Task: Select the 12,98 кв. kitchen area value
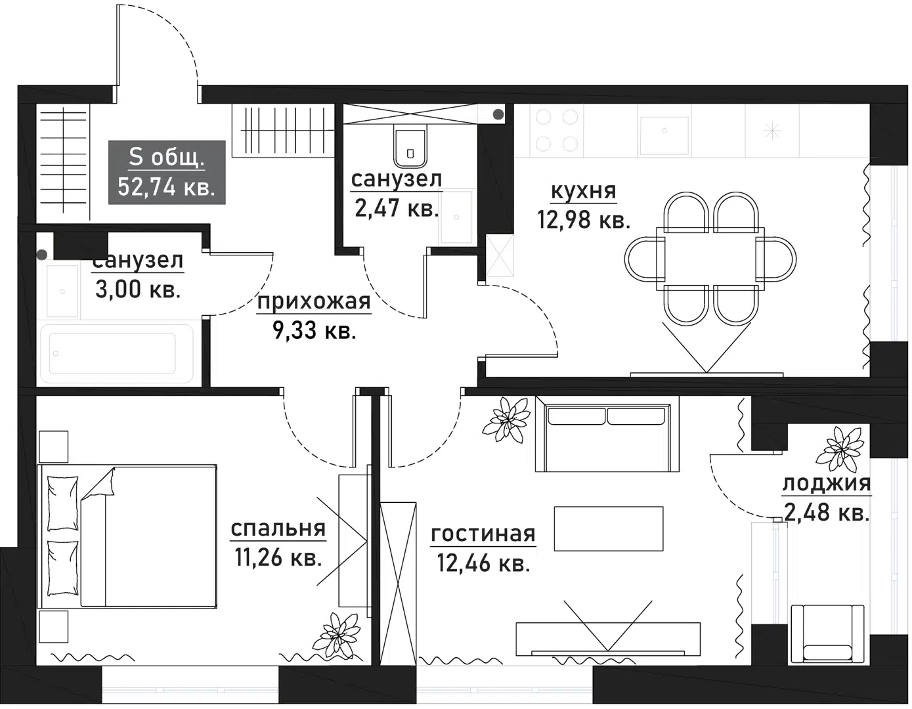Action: click(x=583, y=220)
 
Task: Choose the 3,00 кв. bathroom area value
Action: click(x=138, y=289)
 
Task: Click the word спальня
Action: click(x=278, y=528)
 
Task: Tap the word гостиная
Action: click(x=483, y=534)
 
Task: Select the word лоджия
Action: click(x=826, y=483)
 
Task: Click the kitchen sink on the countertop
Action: click(x=664, y=135)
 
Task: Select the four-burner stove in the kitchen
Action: click(x=557, y=130)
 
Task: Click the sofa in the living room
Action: click(x=603, y=434)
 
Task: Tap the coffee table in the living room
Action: click(x=608, y=528)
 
